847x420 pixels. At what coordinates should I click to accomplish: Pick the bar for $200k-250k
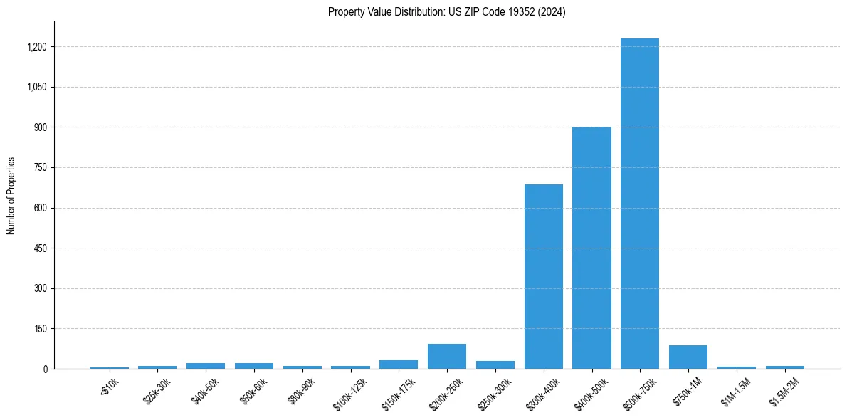click(x=447, y=357)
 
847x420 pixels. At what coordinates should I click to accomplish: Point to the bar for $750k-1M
click(x=688, y=357)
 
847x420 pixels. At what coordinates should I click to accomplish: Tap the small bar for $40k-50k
click(x=206, y=366)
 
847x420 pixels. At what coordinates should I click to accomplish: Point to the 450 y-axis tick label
click(x=41, y=248)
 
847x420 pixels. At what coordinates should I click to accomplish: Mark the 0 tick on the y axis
click(x=45, y=369)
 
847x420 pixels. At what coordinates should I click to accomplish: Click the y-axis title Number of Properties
click(x=11, y=196)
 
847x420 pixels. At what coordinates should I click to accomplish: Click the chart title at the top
click(x=447, y=12)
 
